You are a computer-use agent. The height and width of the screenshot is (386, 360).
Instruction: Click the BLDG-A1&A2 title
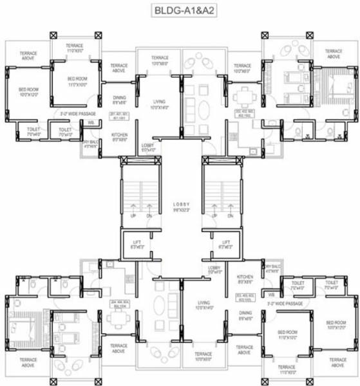pyautogui.click(x=180, y=11)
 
